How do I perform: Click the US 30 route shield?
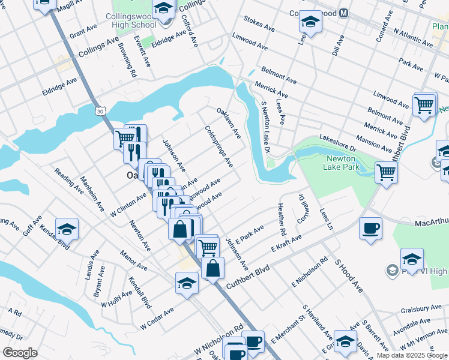point(100,111)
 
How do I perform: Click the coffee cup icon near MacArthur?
point(370,229)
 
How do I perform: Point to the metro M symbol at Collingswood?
point(344,13)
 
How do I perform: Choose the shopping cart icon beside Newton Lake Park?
point(386,173)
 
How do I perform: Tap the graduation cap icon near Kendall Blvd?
point(67,229)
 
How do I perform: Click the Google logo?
point(20,353)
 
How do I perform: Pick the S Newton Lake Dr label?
point(265,127)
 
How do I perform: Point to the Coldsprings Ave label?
point(218,145)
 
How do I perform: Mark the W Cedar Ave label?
point(157,318)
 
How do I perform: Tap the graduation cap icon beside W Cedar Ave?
point(187,283)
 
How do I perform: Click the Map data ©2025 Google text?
point(411,355)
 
